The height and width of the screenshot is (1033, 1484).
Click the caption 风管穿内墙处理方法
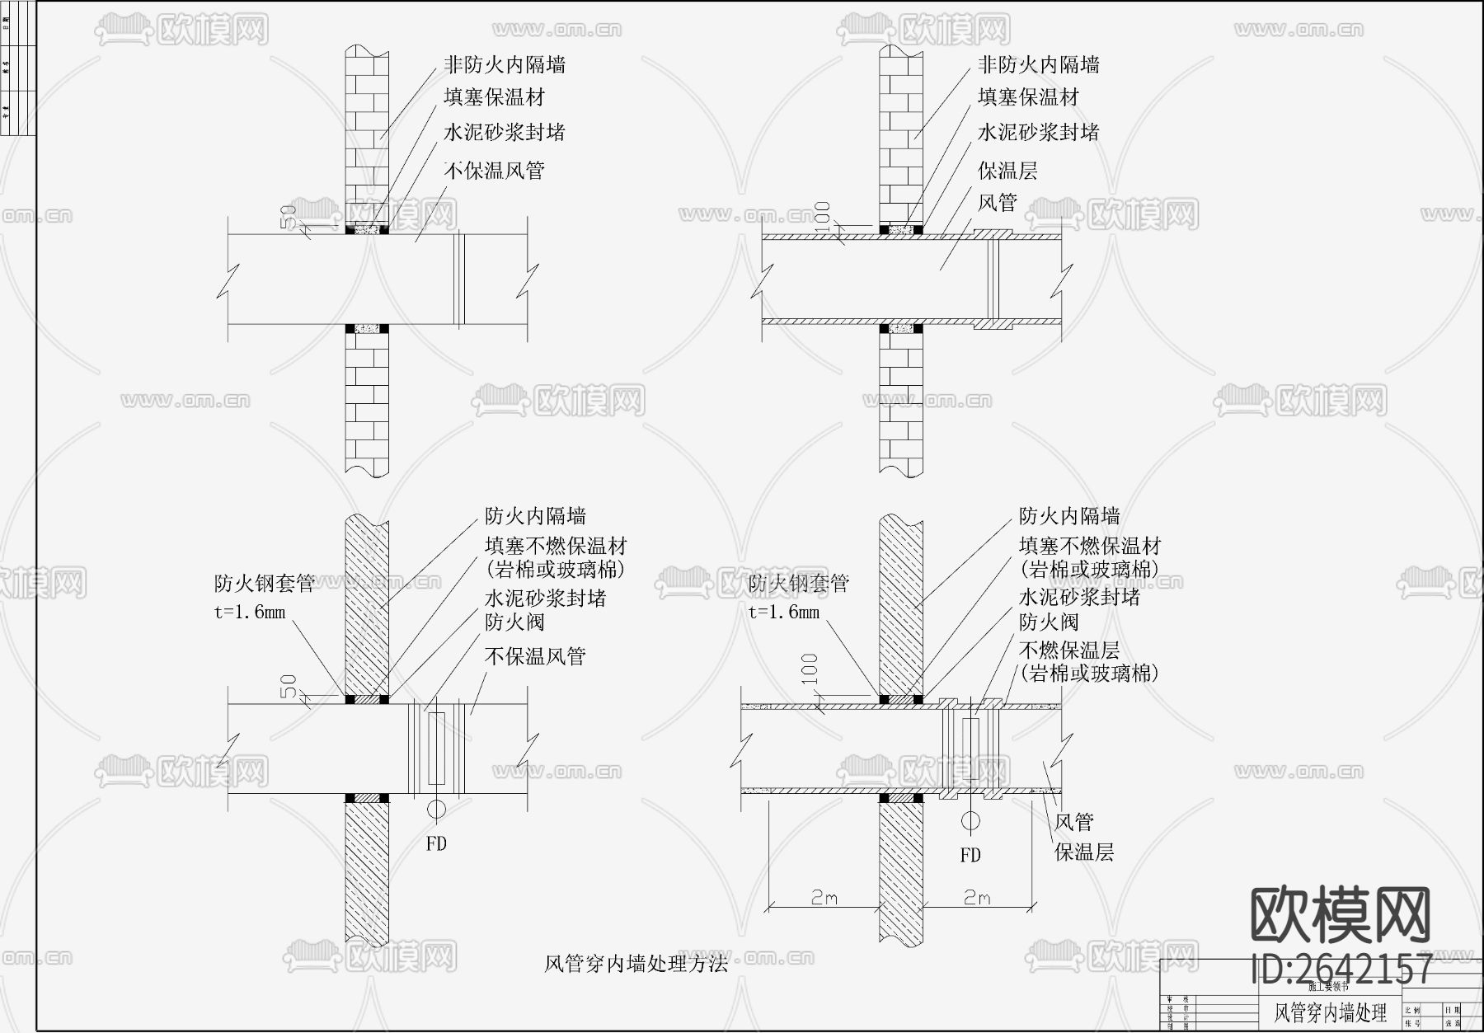(x=636, y=964)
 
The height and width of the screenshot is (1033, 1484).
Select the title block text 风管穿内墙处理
(x=1331, y=1012)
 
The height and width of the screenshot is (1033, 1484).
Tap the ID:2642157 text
(x=1341, y=969)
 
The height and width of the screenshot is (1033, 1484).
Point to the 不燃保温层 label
(x=1068, y=650)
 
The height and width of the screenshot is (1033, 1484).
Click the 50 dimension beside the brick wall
(x=289, y=216)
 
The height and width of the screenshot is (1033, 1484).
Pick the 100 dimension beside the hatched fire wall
(x=810, y=668)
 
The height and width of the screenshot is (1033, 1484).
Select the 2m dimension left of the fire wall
(x=824, y=898)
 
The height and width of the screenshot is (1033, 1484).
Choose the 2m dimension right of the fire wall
(x=977, y=898)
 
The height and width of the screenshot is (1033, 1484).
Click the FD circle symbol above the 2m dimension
(x=971, y=821)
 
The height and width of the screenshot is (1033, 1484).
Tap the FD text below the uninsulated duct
(x=436, y=843)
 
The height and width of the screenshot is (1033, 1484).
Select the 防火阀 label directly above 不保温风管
(x=514, y=622)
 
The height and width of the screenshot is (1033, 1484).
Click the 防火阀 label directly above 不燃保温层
(x=1049, y=622)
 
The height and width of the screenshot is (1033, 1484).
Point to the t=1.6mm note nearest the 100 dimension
(x=784, y=612)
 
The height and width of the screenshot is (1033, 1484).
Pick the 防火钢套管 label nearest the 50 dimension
(x=265, y=583)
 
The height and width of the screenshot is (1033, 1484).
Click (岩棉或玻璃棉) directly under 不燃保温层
(x=1088, y=674)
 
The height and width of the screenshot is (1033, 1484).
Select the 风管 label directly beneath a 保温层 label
(x=998, y=202)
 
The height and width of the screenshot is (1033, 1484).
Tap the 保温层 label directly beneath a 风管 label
(x=1084, y=852)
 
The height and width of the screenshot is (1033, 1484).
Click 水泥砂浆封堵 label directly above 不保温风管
(x=504, y=132)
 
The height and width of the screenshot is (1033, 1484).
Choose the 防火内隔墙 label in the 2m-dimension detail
(x=1069, y=516)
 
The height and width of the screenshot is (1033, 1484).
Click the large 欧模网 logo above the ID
(x=1341, y=916)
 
